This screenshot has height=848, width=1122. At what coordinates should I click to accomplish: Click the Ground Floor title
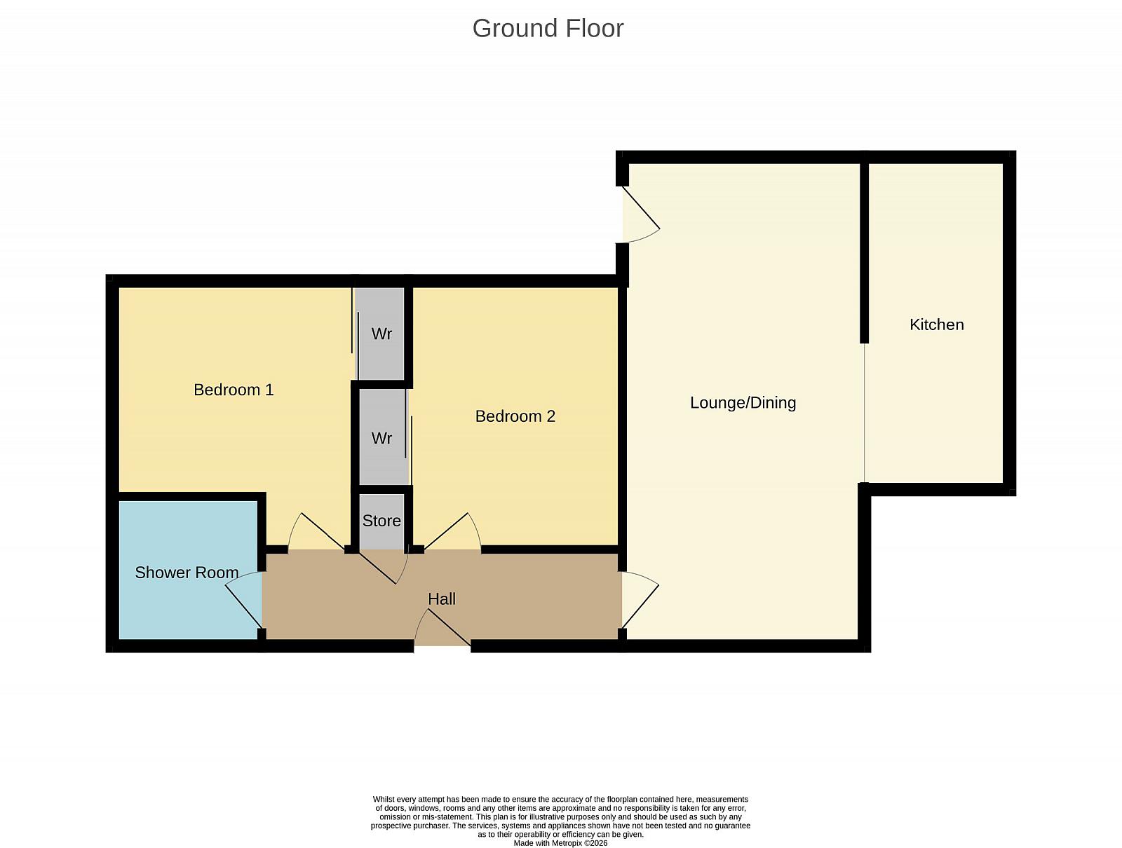coord(548,29)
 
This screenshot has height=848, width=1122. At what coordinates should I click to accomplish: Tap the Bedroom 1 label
coord(234,390)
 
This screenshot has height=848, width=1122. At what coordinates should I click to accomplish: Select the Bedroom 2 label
coord(515,416)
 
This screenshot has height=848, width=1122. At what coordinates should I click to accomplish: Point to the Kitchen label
coord(936,324)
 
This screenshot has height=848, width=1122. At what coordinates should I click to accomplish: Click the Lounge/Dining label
coord(743,402)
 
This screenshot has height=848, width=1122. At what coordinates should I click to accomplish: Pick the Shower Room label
coord(187,572)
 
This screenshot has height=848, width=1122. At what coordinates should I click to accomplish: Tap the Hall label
coord(442,599)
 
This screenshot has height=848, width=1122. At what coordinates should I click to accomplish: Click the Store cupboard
coord(382,521)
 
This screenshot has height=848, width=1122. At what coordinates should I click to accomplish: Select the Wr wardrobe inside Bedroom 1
coord(381,334)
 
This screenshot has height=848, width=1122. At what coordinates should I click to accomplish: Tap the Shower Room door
coord(244,599)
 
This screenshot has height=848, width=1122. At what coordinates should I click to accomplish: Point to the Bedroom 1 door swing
coord(316,532)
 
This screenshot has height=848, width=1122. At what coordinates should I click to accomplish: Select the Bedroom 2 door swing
coord(452,532)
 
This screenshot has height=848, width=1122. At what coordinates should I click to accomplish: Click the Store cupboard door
coord(384,567)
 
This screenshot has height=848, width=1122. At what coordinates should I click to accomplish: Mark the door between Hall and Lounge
coord(640,600)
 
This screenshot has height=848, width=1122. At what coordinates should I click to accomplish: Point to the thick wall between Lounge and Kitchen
coord(864,254)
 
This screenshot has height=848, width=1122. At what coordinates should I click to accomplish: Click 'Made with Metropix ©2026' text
coord(560,843)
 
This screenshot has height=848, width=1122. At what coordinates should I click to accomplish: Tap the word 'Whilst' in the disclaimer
coord(384,800)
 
